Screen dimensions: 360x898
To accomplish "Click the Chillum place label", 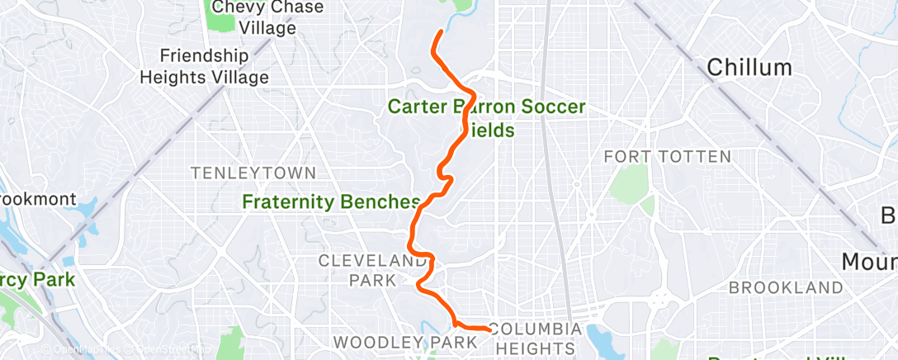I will (x=749, y=67).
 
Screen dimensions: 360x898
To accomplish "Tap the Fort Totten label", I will (x=667, y=156).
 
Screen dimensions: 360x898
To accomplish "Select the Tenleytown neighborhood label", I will (x=253, y=173).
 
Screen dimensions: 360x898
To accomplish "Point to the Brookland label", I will (x=785, y=287).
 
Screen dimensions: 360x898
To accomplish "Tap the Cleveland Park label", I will (x=372, y=270).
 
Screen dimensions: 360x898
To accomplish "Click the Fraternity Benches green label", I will (x=331, y=201).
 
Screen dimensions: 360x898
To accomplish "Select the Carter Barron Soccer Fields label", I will (x=486, y=118).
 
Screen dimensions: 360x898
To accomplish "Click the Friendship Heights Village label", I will (x=204, y=67).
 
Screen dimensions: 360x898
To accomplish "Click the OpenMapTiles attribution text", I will (x=78, y=349).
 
